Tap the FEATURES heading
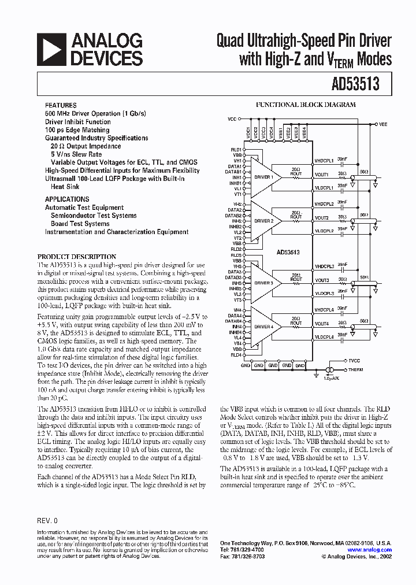pos(60,106)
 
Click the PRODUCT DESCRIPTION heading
pos(77,256)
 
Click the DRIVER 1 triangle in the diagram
pos(263,177)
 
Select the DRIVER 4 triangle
pos(263,327)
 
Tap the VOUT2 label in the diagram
pos(321,218)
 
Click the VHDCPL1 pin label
pos(324,161)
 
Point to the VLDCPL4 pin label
pos(324,337)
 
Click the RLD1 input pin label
pos(237,150)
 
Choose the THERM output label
pos(356,369)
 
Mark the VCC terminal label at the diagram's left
pos(232,119)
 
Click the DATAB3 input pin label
pos(234,277)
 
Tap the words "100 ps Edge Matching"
pos(77,130)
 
